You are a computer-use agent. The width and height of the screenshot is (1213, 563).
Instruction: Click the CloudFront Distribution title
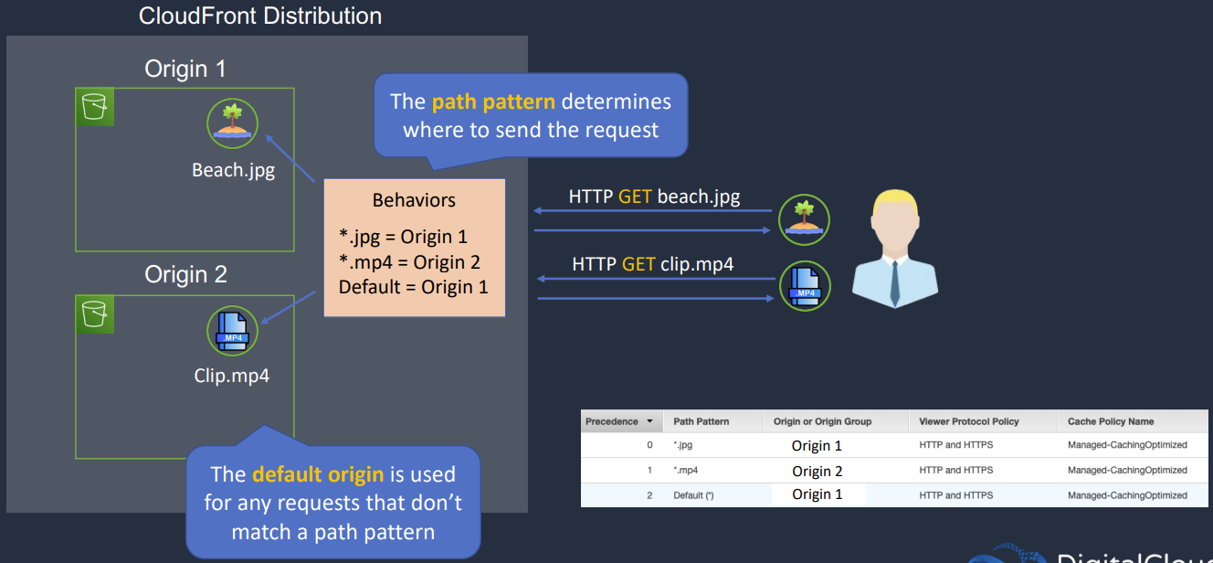click(x=260, y=16)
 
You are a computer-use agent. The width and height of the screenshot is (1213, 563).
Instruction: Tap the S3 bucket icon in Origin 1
click(x=95, y=106)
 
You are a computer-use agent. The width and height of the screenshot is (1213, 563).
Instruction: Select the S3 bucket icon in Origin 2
click(x=95, y=313)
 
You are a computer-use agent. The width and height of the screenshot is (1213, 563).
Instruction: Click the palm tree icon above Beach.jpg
click(x=232, y=125)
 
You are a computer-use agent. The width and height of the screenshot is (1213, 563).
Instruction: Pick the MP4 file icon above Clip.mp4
click(x=233, y=332)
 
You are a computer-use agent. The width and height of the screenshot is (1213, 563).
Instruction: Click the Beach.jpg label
click(x=233, y=170)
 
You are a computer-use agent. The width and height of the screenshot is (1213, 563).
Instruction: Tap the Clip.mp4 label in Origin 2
click(x=232, y=376)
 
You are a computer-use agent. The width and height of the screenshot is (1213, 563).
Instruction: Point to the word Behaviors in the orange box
click(x=414, y=200)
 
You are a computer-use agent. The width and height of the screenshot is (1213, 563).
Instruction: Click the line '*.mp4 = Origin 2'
click(x=409, y=262)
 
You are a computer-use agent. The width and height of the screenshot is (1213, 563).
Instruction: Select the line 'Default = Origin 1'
click(x=413, y=287)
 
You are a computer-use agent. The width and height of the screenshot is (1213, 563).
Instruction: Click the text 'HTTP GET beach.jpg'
click(x=654, y=197)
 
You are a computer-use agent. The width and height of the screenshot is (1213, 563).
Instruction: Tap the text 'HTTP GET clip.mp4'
click(x=652, y=264)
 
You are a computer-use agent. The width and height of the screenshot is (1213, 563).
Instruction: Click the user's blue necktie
click(x=894, y=284)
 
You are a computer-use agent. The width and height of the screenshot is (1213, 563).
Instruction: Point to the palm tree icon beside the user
click(x=804, y=220)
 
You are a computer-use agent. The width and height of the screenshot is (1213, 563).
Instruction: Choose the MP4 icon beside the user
click(x=804, y=286)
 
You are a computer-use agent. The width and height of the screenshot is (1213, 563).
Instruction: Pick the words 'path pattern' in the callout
click(x=492, y=101)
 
